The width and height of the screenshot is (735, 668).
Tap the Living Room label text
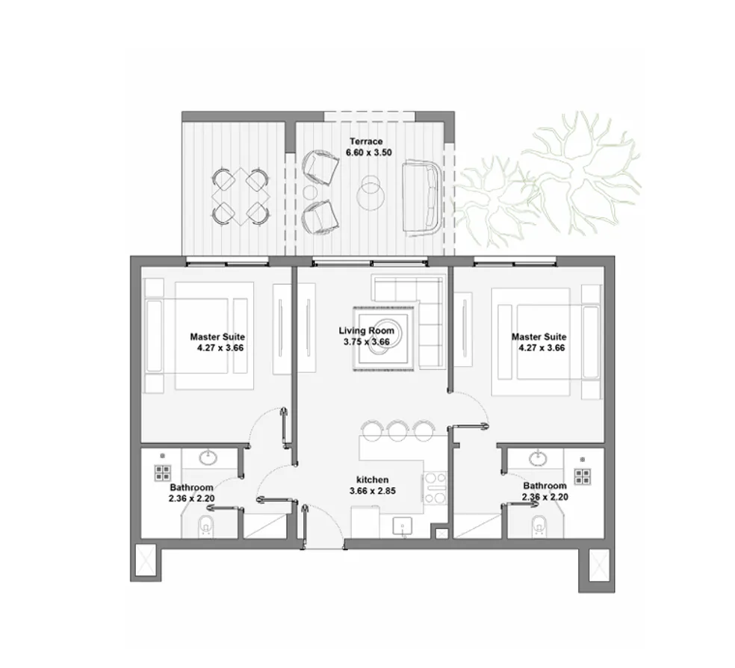pos(366,330)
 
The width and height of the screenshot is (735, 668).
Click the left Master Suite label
pos(217,337)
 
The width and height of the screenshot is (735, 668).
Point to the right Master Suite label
pos(539,337)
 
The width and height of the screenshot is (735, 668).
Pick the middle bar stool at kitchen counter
pos(397,428)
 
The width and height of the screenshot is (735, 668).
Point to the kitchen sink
pos(402,525)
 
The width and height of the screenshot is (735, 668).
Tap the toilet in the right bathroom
pos(536,528)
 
